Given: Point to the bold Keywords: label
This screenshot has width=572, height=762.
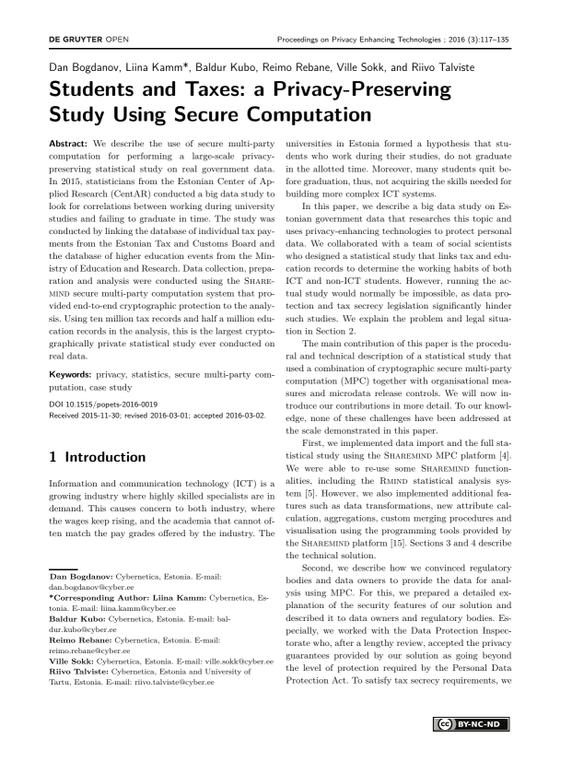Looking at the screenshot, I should [70, 351].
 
